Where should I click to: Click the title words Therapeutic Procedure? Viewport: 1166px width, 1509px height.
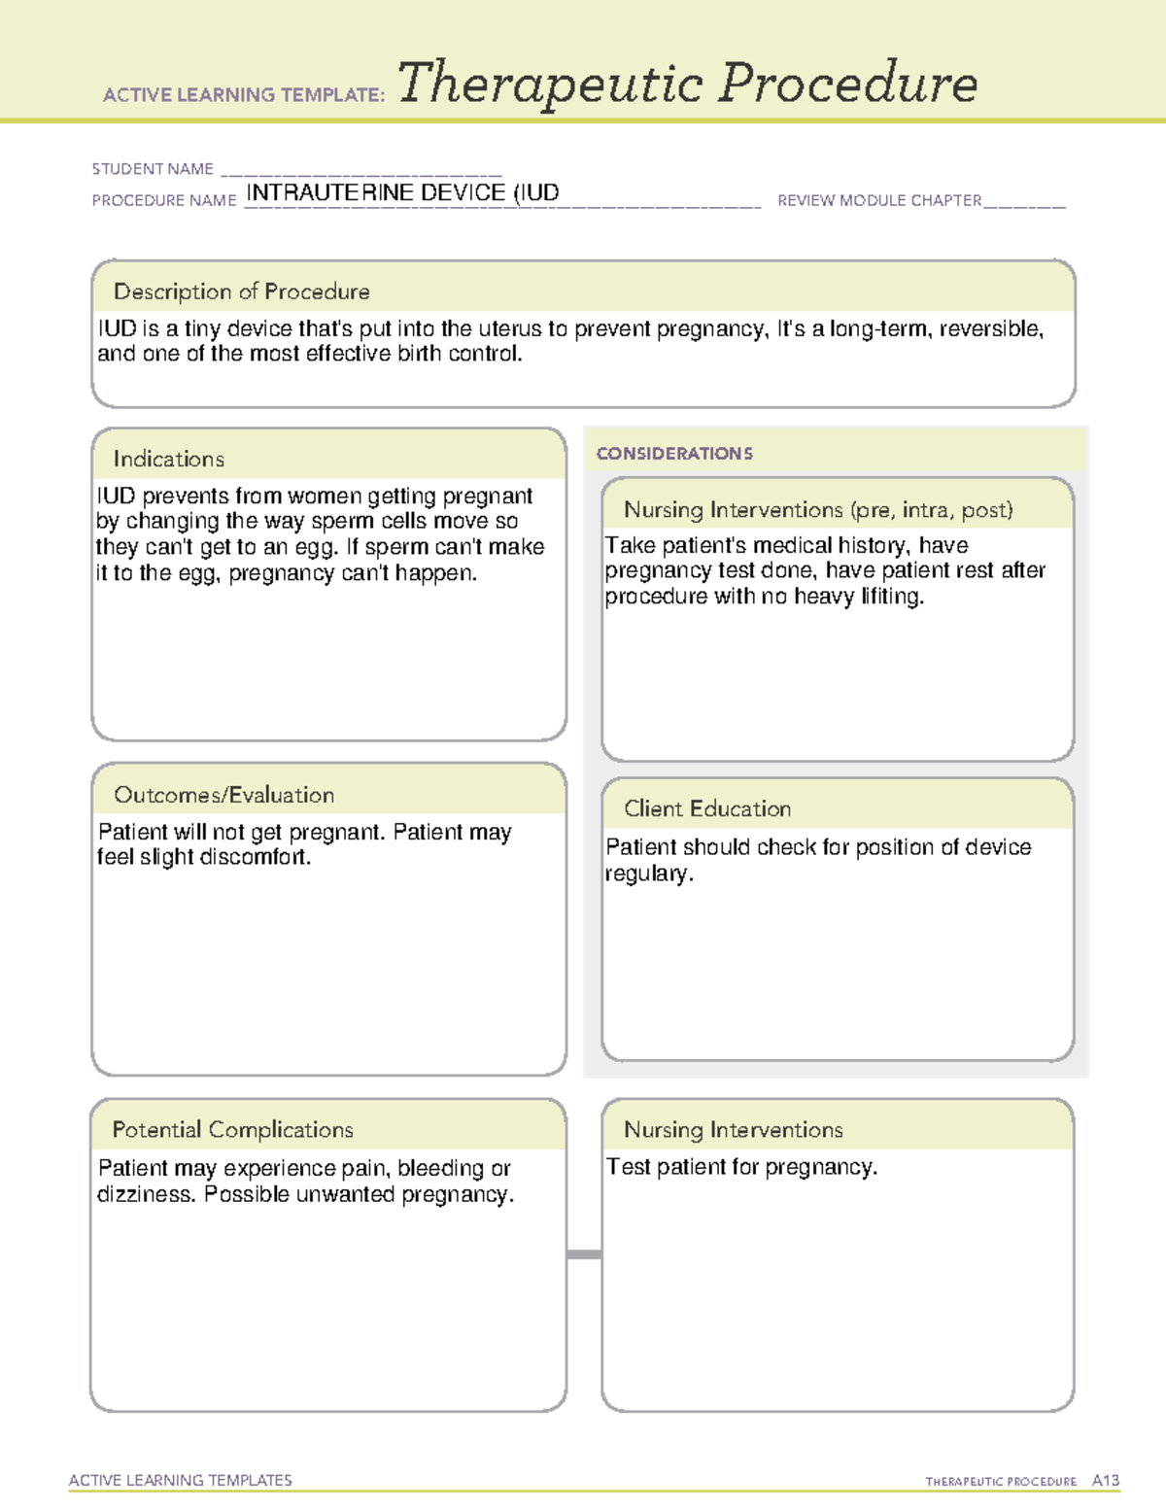coord(687,84)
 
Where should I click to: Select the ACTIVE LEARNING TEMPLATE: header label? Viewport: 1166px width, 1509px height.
coord(244,95)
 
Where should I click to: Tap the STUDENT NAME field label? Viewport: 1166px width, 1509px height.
coord(153,169)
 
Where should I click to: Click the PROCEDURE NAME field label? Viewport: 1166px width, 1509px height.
coord(164,200)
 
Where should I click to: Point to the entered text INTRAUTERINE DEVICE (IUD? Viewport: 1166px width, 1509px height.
coord(402,192)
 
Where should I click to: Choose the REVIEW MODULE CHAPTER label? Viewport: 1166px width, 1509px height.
coord(879,200)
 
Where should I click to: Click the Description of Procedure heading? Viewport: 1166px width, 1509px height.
coord(241,292)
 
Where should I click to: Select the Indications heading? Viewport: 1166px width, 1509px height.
coord(168,459)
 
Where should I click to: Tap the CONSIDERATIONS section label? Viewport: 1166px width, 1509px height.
coord(674,454)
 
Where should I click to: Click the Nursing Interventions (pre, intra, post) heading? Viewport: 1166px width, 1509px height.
coord(818,510)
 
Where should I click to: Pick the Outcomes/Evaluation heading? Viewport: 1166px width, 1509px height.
coord(223,795)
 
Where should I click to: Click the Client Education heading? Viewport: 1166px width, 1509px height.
coord(707,808)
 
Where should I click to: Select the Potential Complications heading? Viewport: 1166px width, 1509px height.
coord(232,1129)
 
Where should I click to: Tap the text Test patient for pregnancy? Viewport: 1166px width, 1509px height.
coord(741,1167)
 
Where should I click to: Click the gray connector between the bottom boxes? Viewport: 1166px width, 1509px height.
coord(584,1254)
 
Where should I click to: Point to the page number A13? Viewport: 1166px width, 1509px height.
coord(1105,1481)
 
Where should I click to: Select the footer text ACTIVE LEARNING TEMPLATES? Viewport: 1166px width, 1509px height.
coord(180,1480)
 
